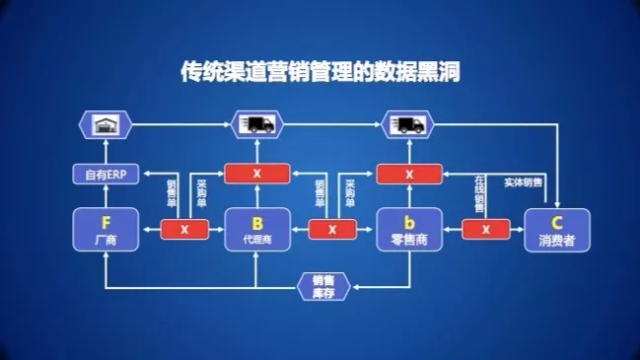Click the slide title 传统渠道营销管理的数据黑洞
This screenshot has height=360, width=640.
click(x=320, y=70)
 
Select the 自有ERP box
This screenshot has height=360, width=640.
click(x=105, y=175)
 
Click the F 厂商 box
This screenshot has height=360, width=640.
click(x=105, y=229)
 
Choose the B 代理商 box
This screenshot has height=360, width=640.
click(x=255, y=229)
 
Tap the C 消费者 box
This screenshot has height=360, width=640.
click(x=557, y=229)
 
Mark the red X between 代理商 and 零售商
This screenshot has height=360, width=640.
click(x=331, y=229)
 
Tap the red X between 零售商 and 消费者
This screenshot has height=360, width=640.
click(x=482, y=229)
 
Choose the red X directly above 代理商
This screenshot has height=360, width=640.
click(x=255, y=175)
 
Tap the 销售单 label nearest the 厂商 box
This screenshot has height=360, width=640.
click(x=171, y=192)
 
